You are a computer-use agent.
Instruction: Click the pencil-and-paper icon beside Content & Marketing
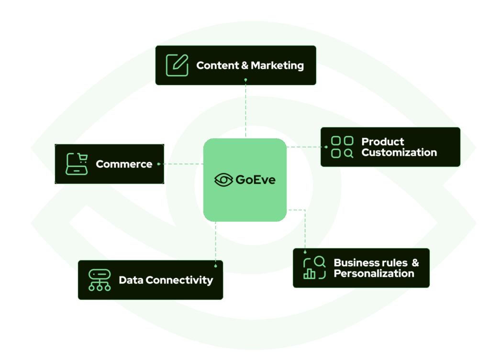click(177, 65)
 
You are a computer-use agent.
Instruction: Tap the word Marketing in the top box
click(277, 65)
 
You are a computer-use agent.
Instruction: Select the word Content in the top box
click(218, 65)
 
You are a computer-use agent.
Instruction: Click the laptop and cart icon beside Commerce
click(77, 164)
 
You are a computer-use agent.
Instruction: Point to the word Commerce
click(124, 164)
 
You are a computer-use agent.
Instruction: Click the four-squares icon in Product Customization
click(342, 147)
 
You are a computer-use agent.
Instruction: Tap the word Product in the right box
click(382, 142)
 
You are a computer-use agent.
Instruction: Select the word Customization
click(399, 153)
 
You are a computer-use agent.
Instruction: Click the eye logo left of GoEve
click(223, 180)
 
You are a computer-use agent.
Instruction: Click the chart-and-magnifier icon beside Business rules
click(314, 268)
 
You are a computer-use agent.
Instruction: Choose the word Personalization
click(374, 273)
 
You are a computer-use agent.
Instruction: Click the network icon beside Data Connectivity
click(100, 280)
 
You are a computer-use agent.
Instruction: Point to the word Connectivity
click(179, 280)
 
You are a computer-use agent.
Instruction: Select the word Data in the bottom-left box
click(131, 280)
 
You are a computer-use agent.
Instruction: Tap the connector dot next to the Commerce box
click(158, 164)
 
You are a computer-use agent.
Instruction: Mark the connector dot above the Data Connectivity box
click(216, 265)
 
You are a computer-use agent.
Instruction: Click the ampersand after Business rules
click(415, 262)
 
